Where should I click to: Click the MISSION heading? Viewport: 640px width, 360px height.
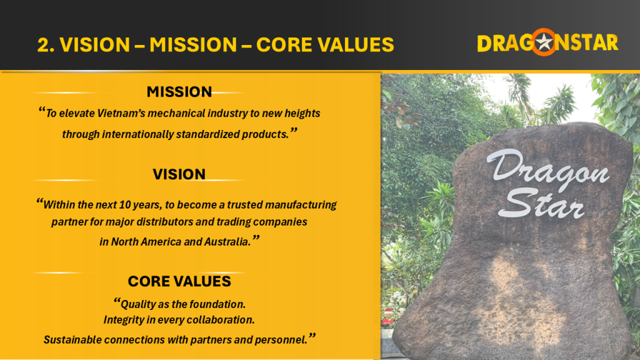tap(179, 92)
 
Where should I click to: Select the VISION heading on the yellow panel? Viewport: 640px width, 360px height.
tap(179, 174)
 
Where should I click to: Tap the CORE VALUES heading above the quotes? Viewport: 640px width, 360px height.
tap(179, 281)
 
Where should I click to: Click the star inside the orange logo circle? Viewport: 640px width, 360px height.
tap(544, 42)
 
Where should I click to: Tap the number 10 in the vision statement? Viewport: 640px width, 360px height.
tap(125, 204)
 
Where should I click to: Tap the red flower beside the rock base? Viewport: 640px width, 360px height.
tap(387, 319)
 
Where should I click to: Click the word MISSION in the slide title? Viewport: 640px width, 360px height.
tap(193, 44)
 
